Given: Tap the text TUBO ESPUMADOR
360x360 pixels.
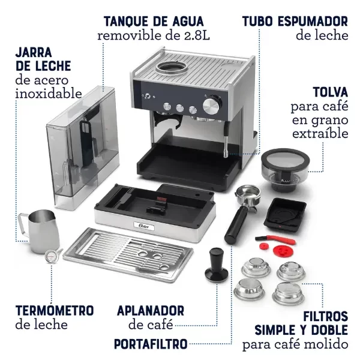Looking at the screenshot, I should pos(295,22).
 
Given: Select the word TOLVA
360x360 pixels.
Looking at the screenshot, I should pos(329,92).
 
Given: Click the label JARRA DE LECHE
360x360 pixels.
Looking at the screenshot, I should pos(43,59).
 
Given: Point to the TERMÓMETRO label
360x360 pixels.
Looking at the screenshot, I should pos(55,310).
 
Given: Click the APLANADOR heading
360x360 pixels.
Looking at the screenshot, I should pos(151,310).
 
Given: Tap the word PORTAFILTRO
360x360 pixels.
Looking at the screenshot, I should pos(150,344).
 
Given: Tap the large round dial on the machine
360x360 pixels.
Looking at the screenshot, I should pos(211,106).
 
